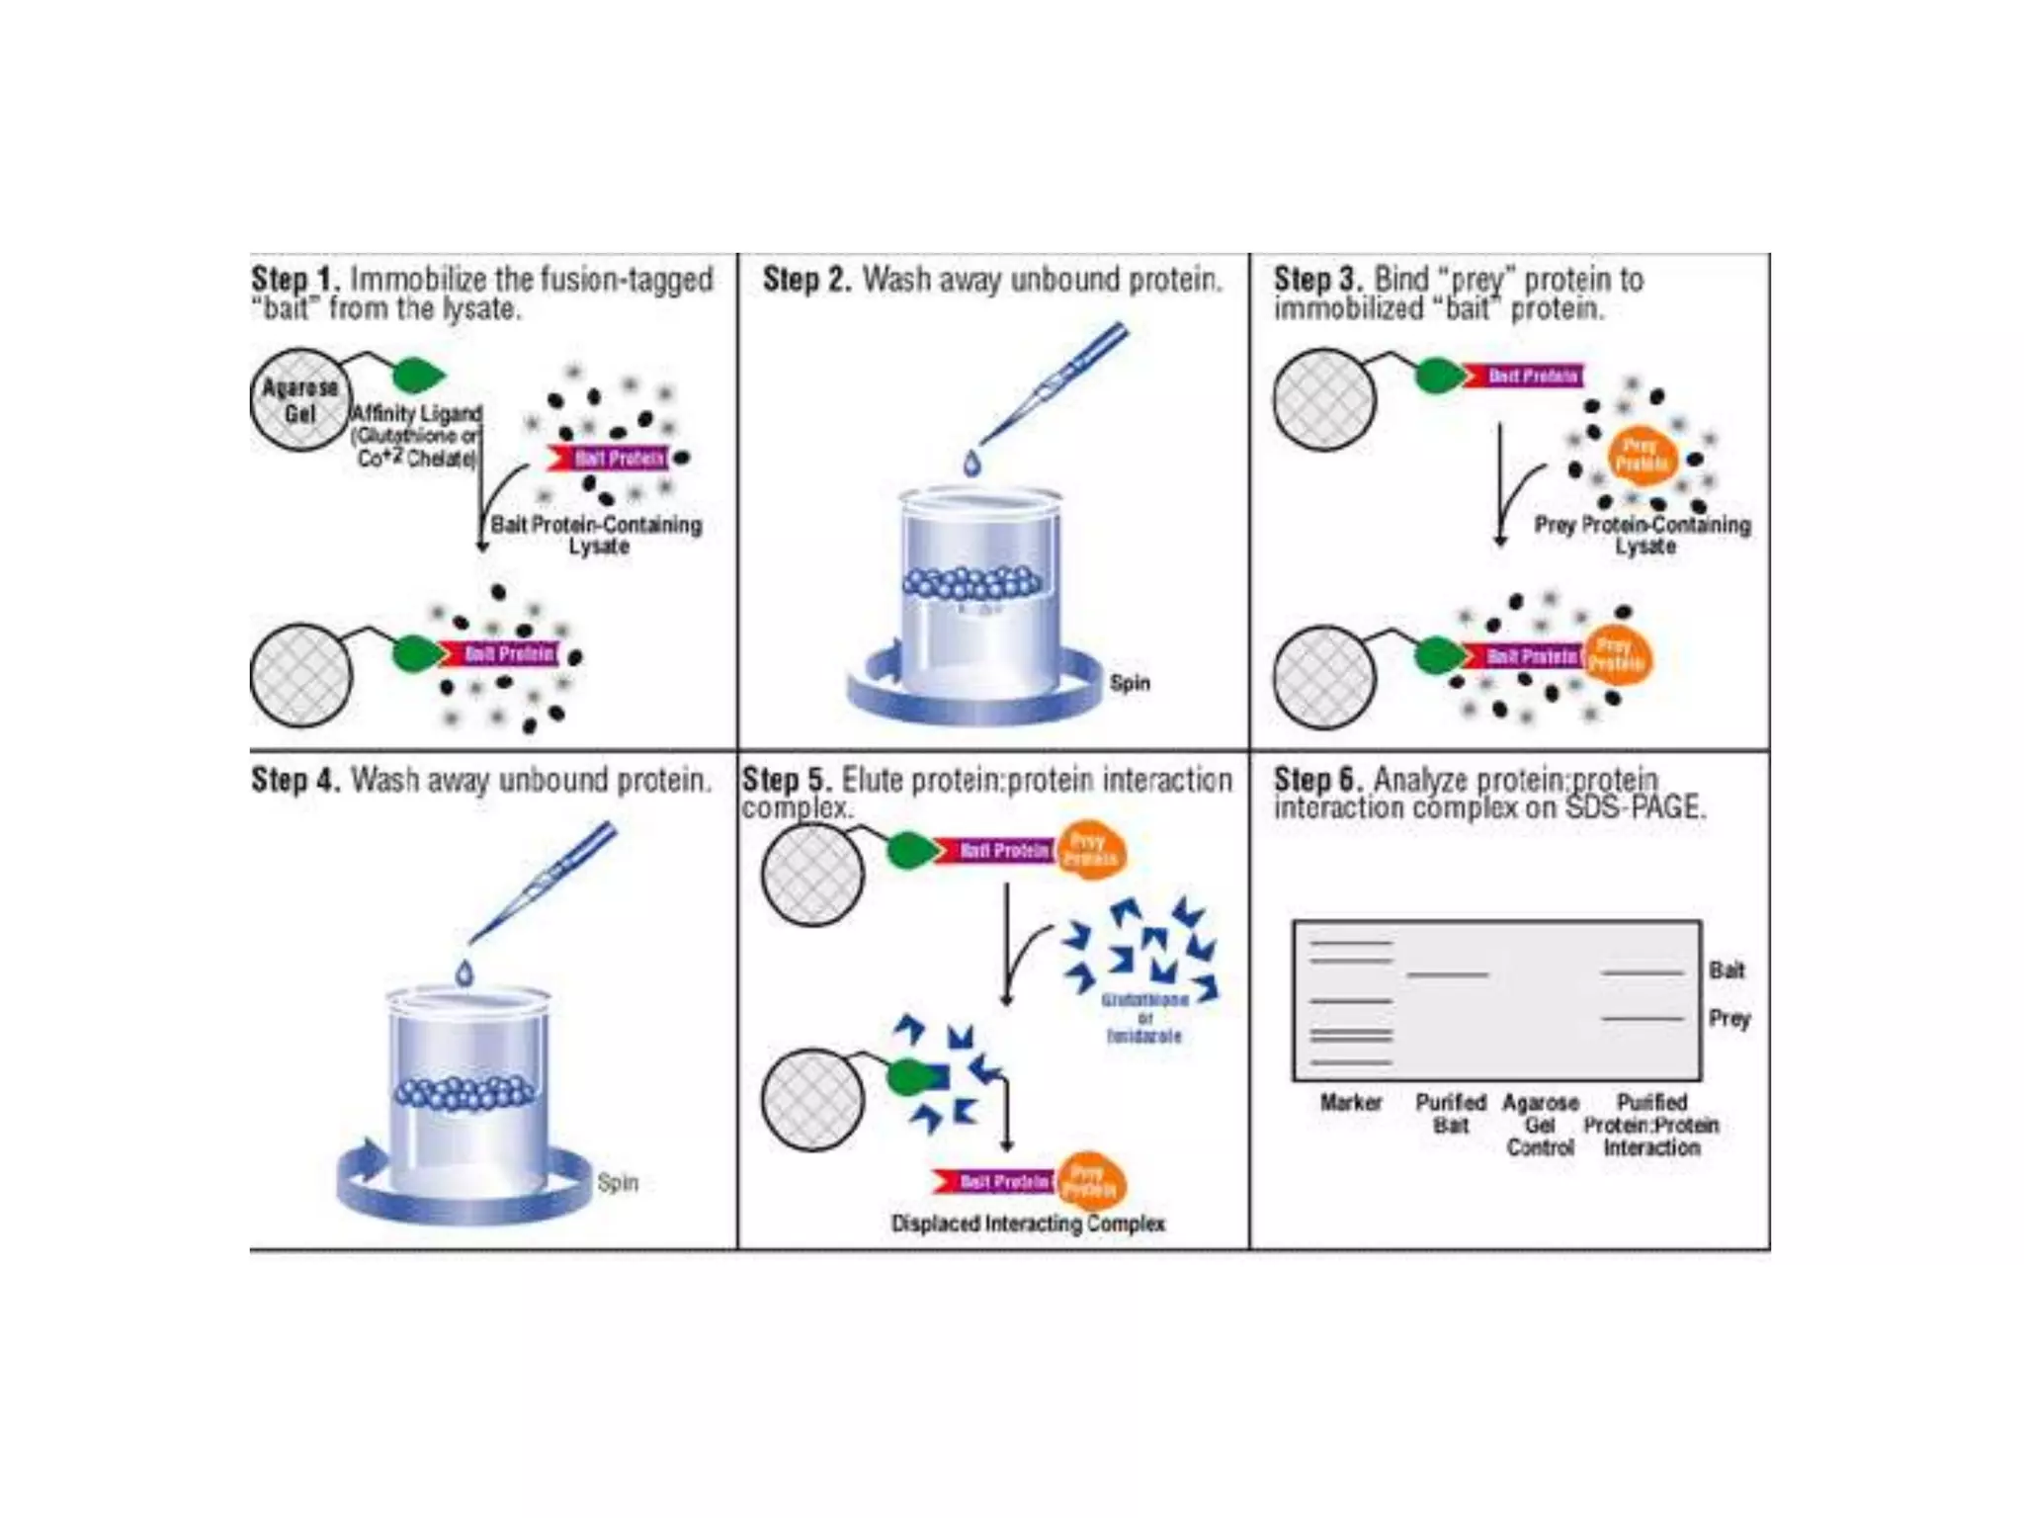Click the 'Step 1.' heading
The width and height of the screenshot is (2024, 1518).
coord(295,280)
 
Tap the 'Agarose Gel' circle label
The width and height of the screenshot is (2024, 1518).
coord(299,400)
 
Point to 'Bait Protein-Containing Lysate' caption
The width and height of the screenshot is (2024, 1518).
coord(597,535)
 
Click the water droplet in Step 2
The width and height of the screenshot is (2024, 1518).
coord(972,464)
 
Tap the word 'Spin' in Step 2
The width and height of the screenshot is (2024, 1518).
coord(1130,683)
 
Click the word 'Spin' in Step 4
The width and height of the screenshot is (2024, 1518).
coord(618,1183)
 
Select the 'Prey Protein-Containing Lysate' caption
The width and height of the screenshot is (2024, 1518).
coord(1643,535)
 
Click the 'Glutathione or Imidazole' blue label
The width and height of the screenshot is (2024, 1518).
coord(1144,1018)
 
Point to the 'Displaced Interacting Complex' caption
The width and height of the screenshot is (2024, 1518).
coord(1028,1223)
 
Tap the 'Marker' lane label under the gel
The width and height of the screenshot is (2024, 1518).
coord(1351,1103)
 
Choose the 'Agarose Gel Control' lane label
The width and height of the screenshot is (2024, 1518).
coord(1540,1126)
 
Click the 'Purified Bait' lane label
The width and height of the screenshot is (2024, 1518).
coord(1450,1114)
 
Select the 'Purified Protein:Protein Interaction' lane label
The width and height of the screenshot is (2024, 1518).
coord(1651,1126)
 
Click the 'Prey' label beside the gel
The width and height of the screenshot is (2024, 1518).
coord(1729,1019)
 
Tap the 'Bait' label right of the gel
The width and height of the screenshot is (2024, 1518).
coord(1727,970)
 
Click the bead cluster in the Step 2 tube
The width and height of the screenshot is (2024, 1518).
coord(972,583)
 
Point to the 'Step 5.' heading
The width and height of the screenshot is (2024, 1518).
coord(786,780)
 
